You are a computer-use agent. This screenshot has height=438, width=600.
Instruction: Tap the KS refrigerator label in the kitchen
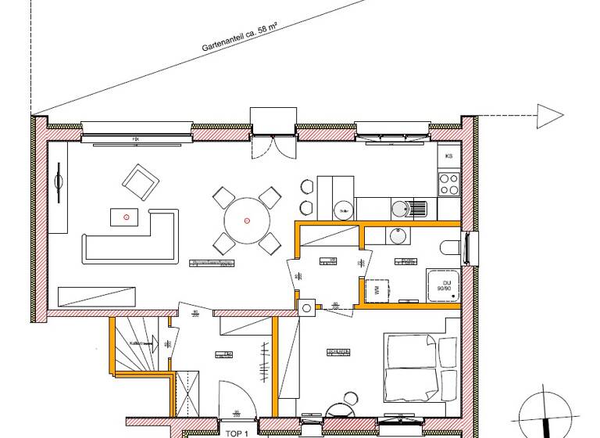coord(448,156)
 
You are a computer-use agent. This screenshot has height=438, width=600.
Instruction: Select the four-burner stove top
coord(448,184)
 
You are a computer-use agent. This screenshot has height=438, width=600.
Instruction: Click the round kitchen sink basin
coord(400,208)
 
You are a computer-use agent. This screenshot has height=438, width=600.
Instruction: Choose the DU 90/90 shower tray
coord(446,286)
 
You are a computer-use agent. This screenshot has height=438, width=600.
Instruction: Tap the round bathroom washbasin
coord(396,236)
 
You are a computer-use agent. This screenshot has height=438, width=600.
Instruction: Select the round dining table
coord(246,221)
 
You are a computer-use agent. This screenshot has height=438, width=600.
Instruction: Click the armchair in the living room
coord(141,183)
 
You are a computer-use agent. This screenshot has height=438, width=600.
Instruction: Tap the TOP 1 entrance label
coord(236,432)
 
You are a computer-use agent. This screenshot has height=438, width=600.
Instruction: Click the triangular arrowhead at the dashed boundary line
coord(549,117)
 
